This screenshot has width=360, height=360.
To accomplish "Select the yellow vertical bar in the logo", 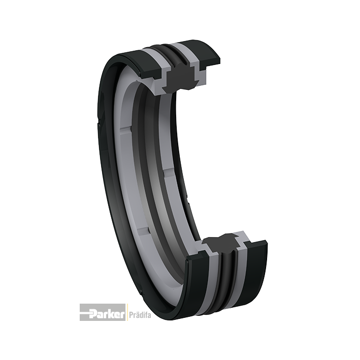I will (x=127, y=312).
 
